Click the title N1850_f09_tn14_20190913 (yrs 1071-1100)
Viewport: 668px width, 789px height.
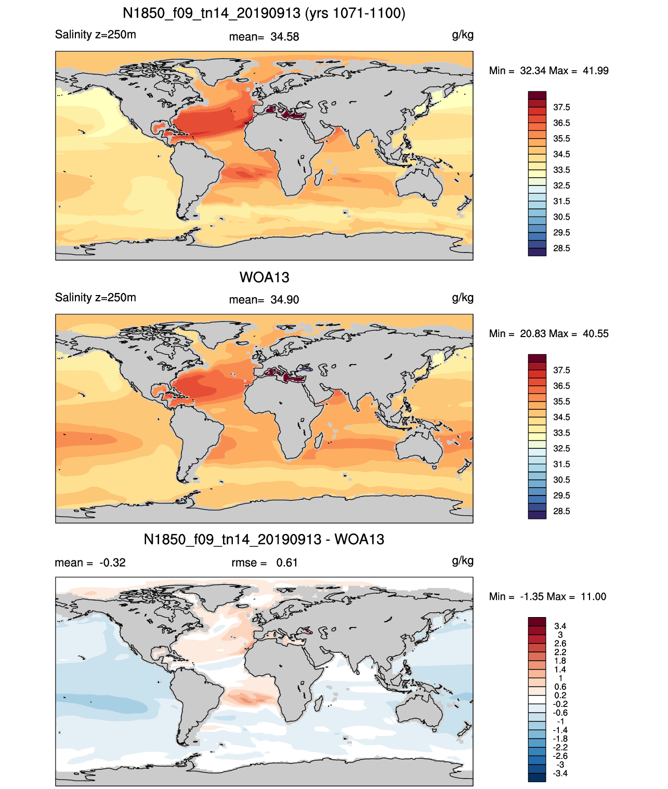[x=264, y=14]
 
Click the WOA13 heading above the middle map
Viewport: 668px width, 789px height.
[x=264, y=277]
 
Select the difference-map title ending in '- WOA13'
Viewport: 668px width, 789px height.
[x=264, y=539]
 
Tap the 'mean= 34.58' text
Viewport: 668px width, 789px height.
[x=264, y=37]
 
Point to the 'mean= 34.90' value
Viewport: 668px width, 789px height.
[x=264, y=300]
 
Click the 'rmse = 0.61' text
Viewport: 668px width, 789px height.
[x=264, y=563]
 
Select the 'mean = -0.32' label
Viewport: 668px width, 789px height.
[x=90, y=563]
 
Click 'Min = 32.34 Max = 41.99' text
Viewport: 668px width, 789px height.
[x=549, y=71]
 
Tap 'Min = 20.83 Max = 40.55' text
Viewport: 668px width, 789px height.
[x=549, y=333]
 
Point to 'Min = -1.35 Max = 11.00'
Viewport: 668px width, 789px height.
[x=548, y=597]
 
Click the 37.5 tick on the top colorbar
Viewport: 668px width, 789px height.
[x=561, y=108]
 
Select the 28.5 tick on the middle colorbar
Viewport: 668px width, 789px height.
[x=561, y=511]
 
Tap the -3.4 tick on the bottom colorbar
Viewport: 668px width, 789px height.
[x=560, y=773]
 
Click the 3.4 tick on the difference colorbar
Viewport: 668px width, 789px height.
[x=560, y=626]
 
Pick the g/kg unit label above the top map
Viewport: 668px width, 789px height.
[x=463, y=35]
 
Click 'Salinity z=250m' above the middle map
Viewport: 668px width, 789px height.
[x=96, y=297]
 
